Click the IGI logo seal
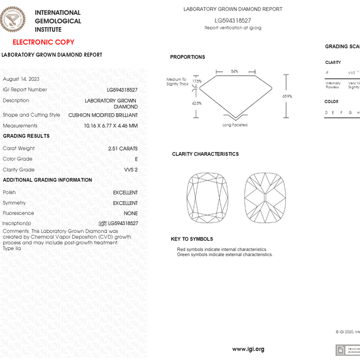point(14,20)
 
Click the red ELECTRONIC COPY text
point(43,42)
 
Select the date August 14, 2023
point(21,79)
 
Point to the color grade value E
point(136,159)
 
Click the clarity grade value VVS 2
point(131,170)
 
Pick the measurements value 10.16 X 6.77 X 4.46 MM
point(111,125)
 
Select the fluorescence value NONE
point(131,213)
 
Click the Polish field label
point(9,192)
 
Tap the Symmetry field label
point(14,203)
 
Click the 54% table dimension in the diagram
point(235,71)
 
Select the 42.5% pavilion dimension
point(196,103)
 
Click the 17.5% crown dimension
point(197,81)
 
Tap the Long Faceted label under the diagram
point(235,125)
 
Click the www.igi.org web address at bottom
point(248,349)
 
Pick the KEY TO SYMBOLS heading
point(192,239)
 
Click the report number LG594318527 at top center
point(232,20)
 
